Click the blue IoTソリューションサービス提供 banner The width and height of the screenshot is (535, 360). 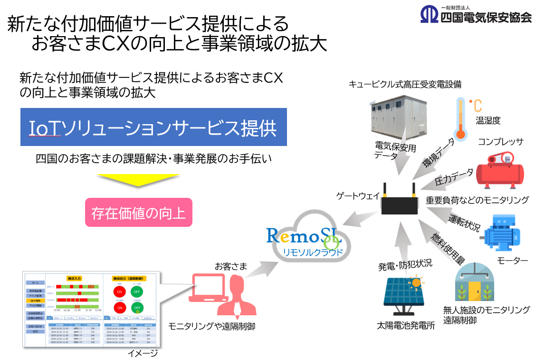[153, 127]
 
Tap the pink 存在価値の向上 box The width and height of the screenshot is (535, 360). [138, 213]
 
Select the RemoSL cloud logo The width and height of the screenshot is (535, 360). [305, 241]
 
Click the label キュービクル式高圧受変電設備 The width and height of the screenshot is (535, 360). [405, 85]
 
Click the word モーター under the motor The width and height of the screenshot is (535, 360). [512, 261]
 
